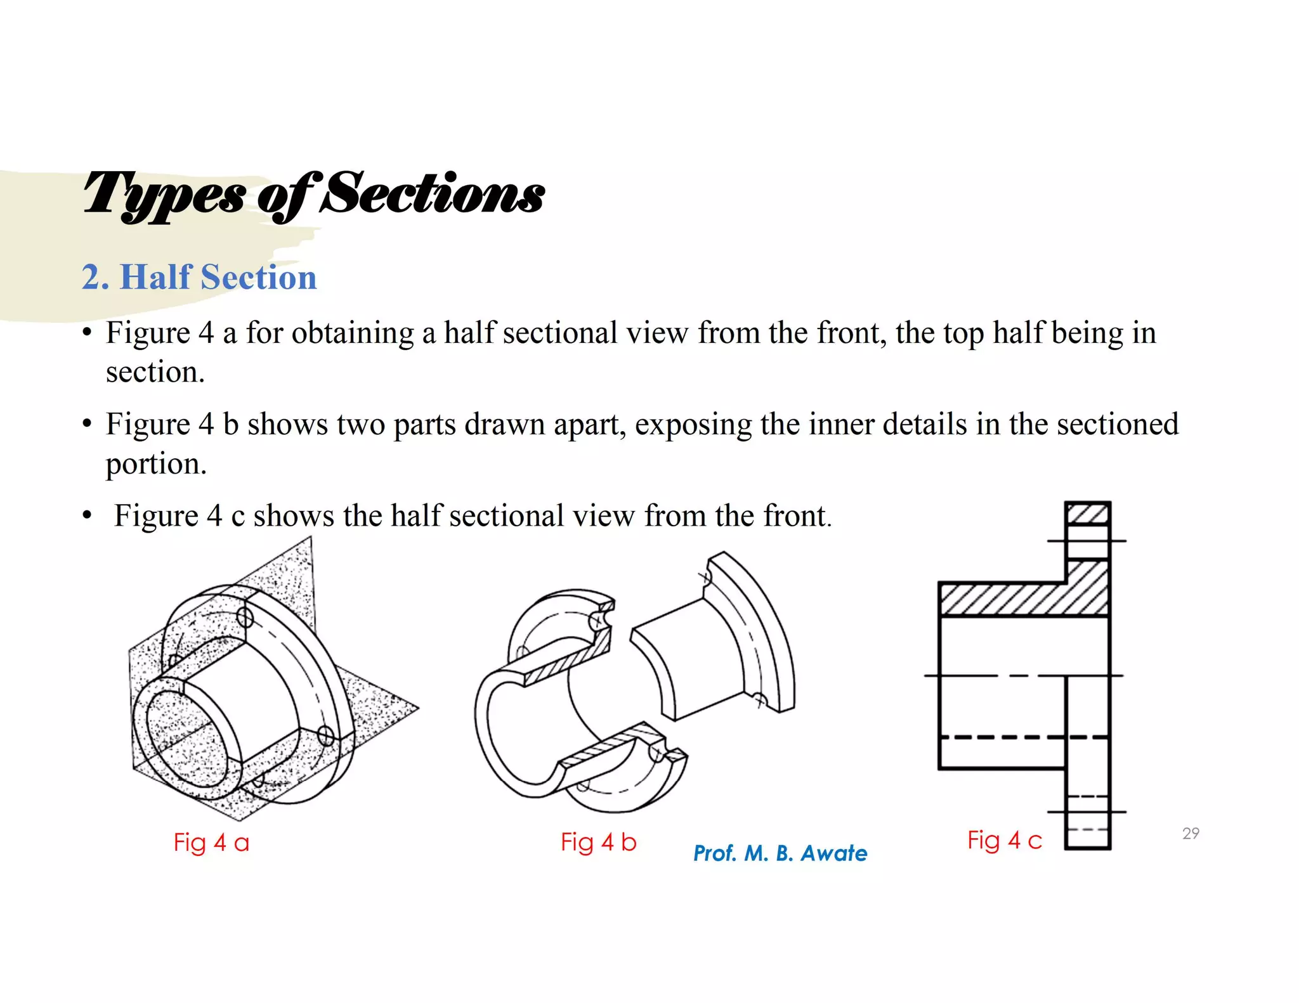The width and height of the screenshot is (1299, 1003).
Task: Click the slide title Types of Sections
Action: tap(313, 194)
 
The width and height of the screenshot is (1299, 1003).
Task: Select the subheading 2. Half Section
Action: tap(199, 278)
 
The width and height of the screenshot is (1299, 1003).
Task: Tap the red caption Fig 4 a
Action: tap(211, 843)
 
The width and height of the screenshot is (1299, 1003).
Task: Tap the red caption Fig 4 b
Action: tap(598, 842)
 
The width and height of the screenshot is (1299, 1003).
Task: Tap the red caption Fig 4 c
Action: tap(1005, 840)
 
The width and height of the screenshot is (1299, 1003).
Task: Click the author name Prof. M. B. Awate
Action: tap(780, 853)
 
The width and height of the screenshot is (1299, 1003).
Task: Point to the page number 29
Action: tap(1191, 833)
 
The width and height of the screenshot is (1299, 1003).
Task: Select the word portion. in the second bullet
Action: tap(156, 463)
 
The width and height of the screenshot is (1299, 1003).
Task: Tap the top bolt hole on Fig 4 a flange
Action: tap(245, 618)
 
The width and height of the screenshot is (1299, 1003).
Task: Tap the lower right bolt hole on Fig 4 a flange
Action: tap(325, 735)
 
